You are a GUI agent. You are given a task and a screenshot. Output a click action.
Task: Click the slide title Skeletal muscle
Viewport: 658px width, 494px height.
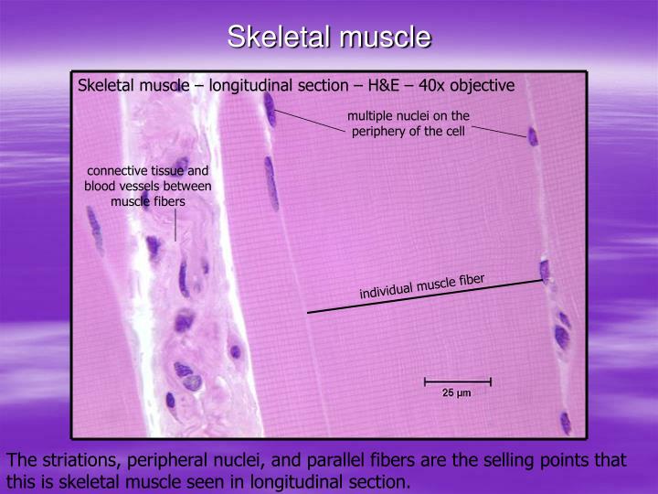(x=329, y=37)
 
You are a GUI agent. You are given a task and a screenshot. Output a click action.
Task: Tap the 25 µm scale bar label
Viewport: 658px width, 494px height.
(x=457, y=393)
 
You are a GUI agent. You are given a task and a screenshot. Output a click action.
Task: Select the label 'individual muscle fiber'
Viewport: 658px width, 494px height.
(x=422, y=286)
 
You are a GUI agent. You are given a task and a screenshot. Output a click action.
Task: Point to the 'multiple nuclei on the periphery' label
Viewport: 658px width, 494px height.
(x=409, y=123)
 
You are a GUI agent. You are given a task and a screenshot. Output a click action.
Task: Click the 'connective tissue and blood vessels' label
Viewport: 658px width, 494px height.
(x=147, y=186)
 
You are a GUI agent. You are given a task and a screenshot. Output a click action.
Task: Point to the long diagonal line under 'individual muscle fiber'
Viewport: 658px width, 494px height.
(x=425, y=296)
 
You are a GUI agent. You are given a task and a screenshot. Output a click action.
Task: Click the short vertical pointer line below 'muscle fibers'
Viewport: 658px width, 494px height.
(x=175, y=225)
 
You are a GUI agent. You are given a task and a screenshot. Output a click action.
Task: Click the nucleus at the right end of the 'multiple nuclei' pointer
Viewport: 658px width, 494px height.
(x=533, y=137)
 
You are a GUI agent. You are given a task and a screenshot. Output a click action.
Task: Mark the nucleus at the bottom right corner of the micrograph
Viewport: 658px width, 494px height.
(x=566, y=422)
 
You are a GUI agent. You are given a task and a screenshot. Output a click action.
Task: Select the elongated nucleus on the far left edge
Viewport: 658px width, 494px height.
(x=94, y=229)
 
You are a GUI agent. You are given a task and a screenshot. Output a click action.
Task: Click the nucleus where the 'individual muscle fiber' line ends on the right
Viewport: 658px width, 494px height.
(x=545, y=272)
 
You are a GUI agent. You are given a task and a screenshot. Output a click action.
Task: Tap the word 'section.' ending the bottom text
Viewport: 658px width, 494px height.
(x=385, y=481)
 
